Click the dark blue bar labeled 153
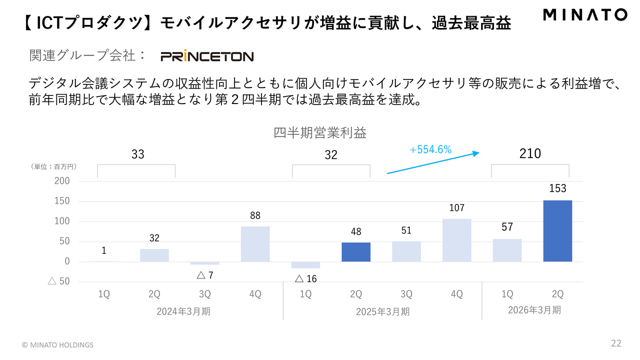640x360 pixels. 557,231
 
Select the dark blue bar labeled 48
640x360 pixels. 356,252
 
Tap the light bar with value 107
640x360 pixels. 456,240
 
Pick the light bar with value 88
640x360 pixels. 255,244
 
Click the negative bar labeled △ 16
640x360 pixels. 305,265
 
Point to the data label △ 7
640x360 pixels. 204,275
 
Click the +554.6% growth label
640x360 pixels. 430,149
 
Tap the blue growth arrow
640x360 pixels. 433,163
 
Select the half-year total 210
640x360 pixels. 530,153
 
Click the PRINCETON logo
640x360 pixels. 207,56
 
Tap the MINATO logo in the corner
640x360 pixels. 584,15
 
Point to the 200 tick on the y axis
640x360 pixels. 62,181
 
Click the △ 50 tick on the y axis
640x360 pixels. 58,281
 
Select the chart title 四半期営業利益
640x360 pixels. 320,133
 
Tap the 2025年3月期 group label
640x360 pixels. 382,311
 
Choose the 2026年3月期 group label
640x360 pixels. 534,310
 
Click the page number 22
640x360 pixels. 616,343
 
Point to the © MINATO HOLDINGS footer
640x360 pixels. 57,345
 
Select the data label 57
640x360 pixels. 507,227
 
